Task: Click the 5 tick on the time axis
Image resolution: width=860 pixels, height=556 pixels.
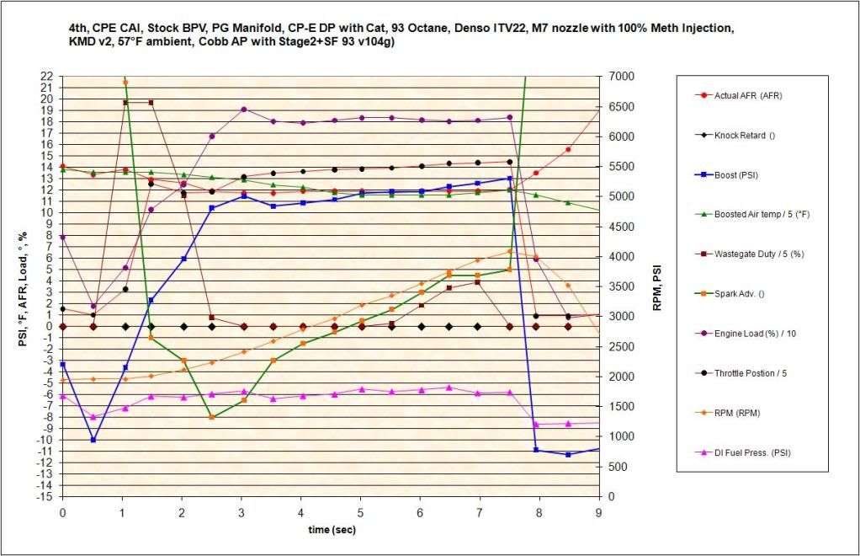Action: click(360, 511)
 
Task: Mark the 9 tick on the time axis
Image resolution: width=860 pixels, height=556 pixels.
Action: click(598, 511)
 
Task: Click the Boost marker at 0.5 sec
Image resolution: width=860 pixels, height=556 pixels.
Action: click(93, 440)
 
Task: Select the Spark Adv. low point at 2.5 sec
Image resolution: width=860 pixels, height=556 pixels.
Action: click(212, 417)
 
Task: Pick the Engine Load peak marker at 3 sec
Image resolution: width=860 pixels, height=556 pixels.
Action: click(243, 110)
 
